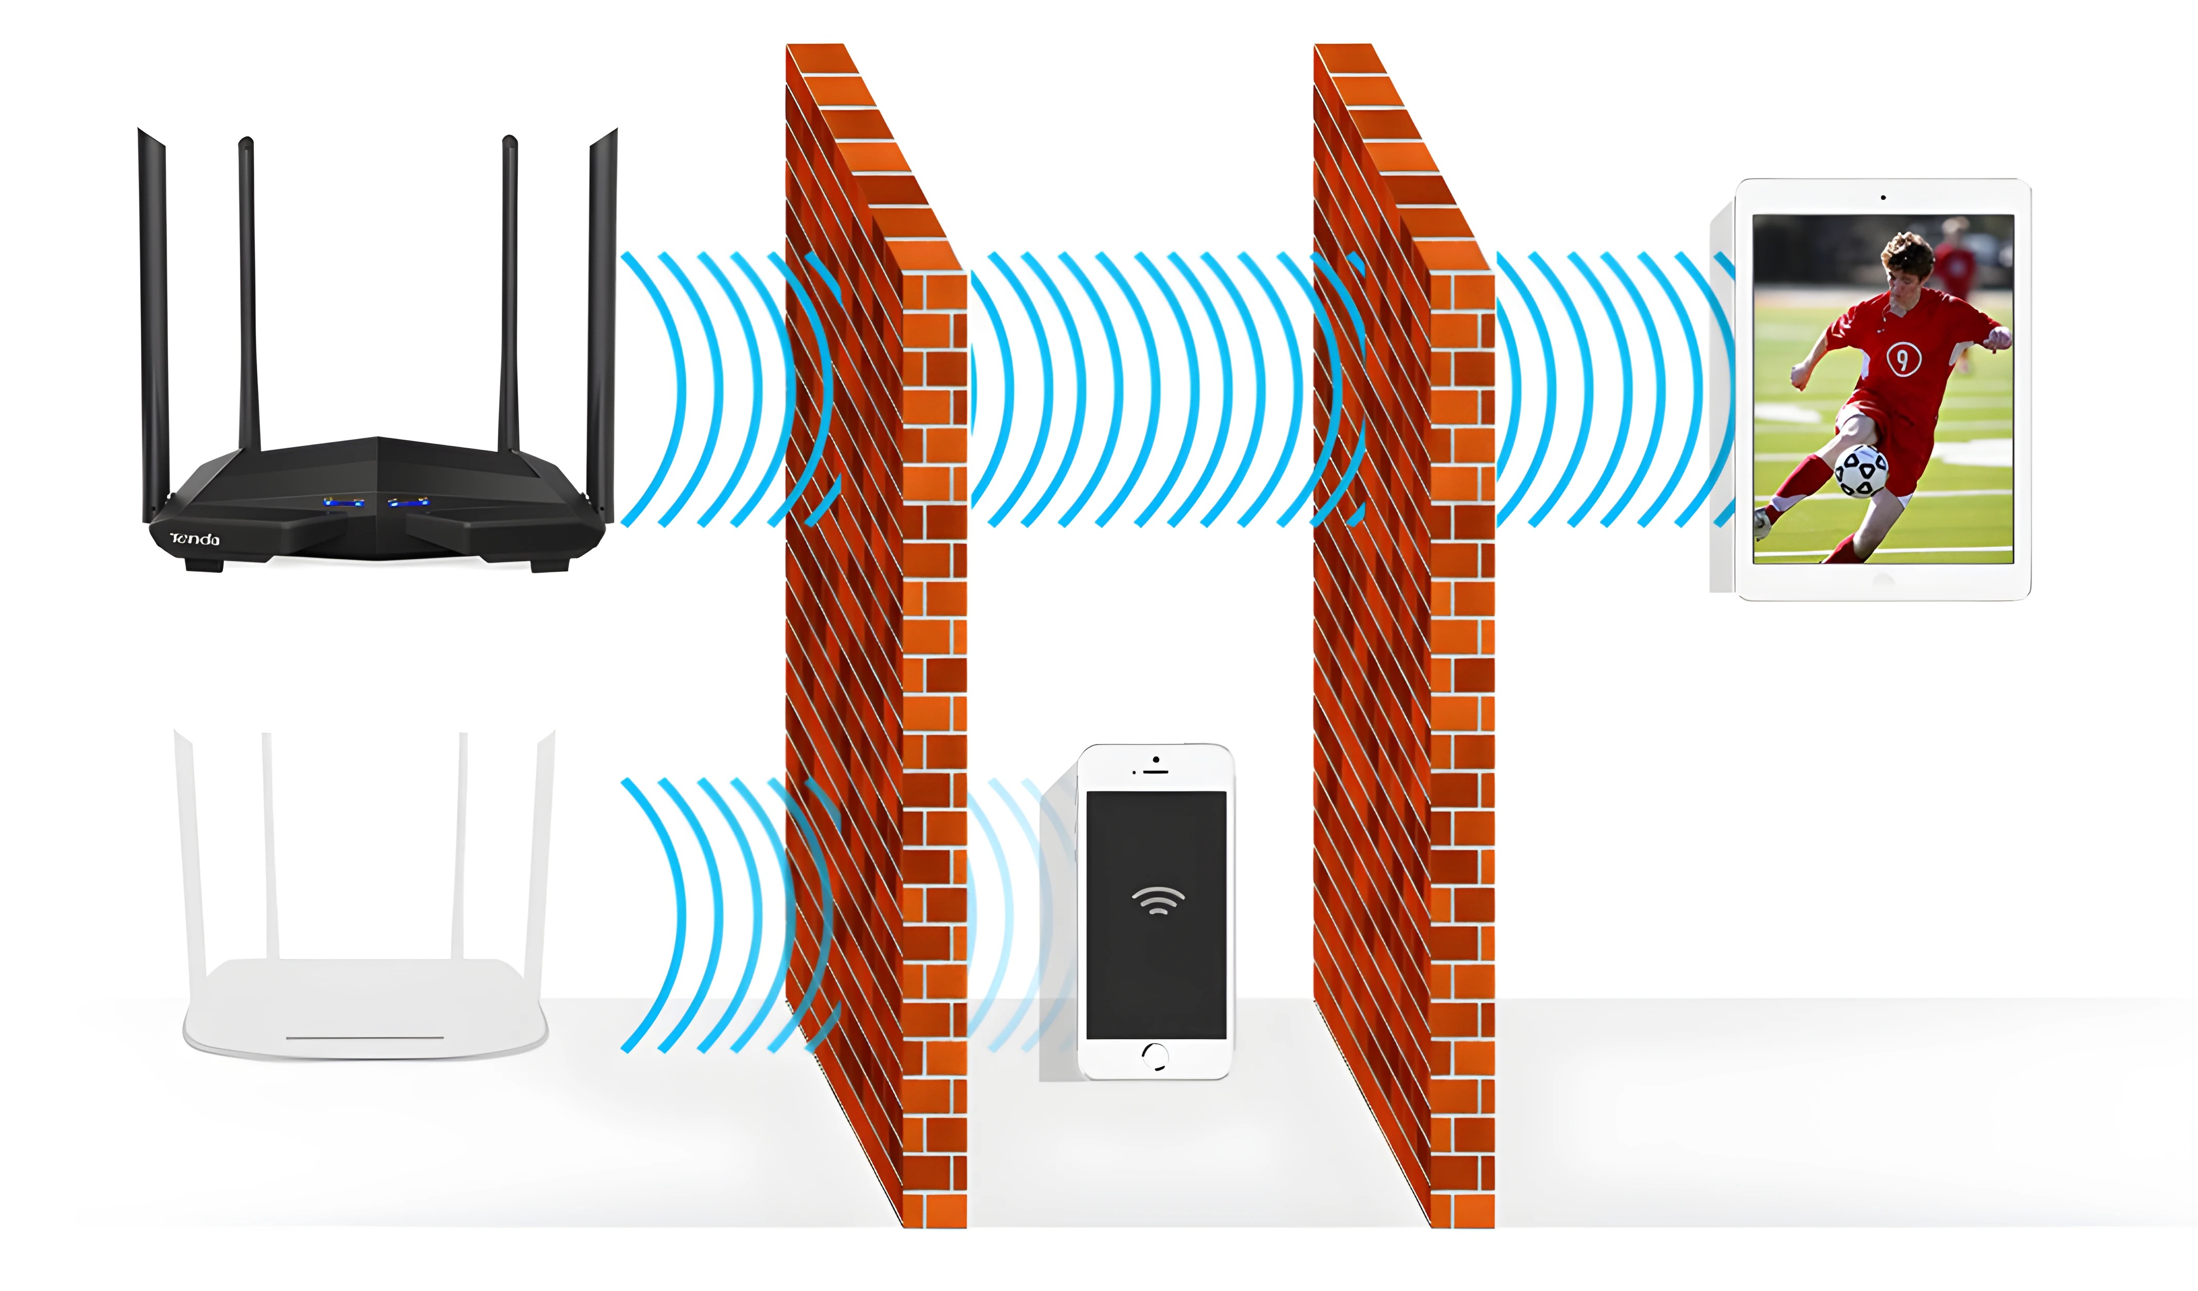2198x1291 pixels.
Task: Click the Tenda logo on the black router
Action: (x=194, y=539)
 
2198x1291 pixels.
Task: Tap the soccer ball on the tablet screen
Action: (x=1861, y=472)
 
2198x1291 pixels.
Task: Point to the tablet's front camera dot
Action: (x=1883, y=198)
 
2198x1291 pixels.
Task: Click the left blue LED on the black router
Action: (x=344, y=503)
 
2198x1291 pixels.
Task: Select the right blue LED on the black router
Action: (x=408, y=503)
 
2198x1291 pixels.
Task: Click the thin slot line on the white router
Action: (x=364, y=1038)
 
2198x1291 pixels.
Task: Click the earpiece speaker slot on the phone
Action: (x=1156, y=772)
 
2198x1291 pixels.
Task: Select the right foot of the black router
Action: (x=549, y=565)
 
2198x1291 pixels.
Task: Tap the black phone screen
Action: (x=1157, y=915)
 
